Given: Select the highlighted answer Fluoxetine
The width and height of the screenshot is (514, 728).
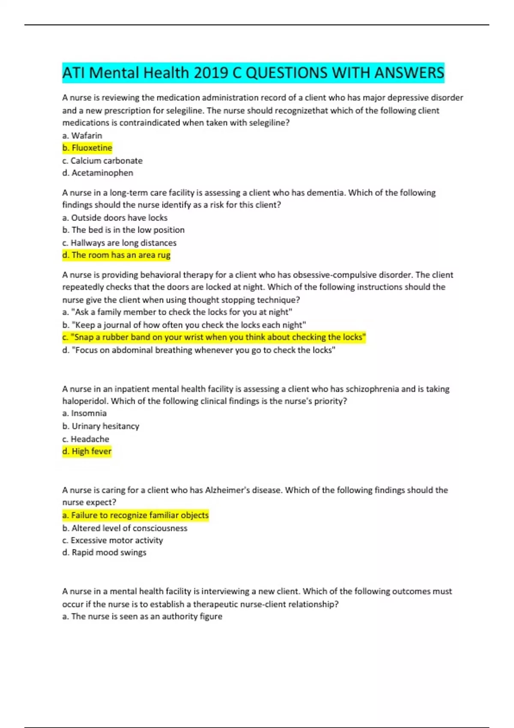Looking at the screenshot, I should pos(87,148).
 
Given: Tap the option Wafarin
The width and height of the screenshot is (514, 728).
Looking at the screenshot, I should pos(82,135).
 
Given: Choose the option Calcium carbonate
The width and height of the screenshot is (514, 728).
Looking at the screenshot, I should pos(102,161).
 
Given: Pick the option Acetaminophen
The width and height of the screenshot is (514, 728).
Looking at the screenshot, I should pos(98,173).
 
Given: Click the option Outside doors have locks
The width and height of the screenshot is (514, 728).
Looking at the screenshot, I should pos(115,218).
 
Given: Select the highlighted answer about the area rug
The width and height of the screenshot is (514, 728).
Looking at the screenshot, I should pos(117,255).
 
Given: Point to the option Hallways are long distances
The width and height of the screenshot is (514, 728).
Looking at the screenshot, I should pos(119,243).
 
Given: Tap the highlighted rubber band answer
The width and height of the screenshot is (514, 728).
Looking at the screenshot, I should pos(214,337).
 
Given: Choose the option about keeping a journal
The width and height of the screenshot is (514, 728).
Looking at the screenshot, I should pos(184,325).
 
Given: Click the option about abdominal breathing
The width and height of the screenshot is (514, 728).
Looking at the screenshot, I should pos(199,350).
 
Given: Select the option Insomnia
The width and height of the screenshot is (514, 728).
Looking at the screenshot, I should pos(84,413).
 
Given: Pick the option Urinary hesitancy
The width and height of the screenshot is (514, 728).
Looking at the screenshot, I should pos(101,426).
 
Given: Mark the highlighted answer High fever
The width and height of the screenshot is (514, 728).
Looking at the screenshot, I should pos(87,451).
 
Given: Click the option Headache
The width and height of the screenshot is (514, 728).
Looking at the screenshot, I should pos(86,439).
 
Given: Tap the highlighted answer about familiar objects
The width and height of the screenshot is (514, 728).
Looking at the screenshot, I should pos(135,515).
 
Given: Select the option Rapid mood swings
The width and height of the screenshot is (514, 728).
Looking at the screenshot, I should pos(104,552).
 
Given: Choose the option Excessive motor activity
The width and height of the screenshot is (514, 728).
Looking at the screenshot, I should pos(113,540).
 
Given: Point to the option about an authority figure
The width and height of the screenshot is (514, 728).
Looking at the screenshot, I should pos(142,616).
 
